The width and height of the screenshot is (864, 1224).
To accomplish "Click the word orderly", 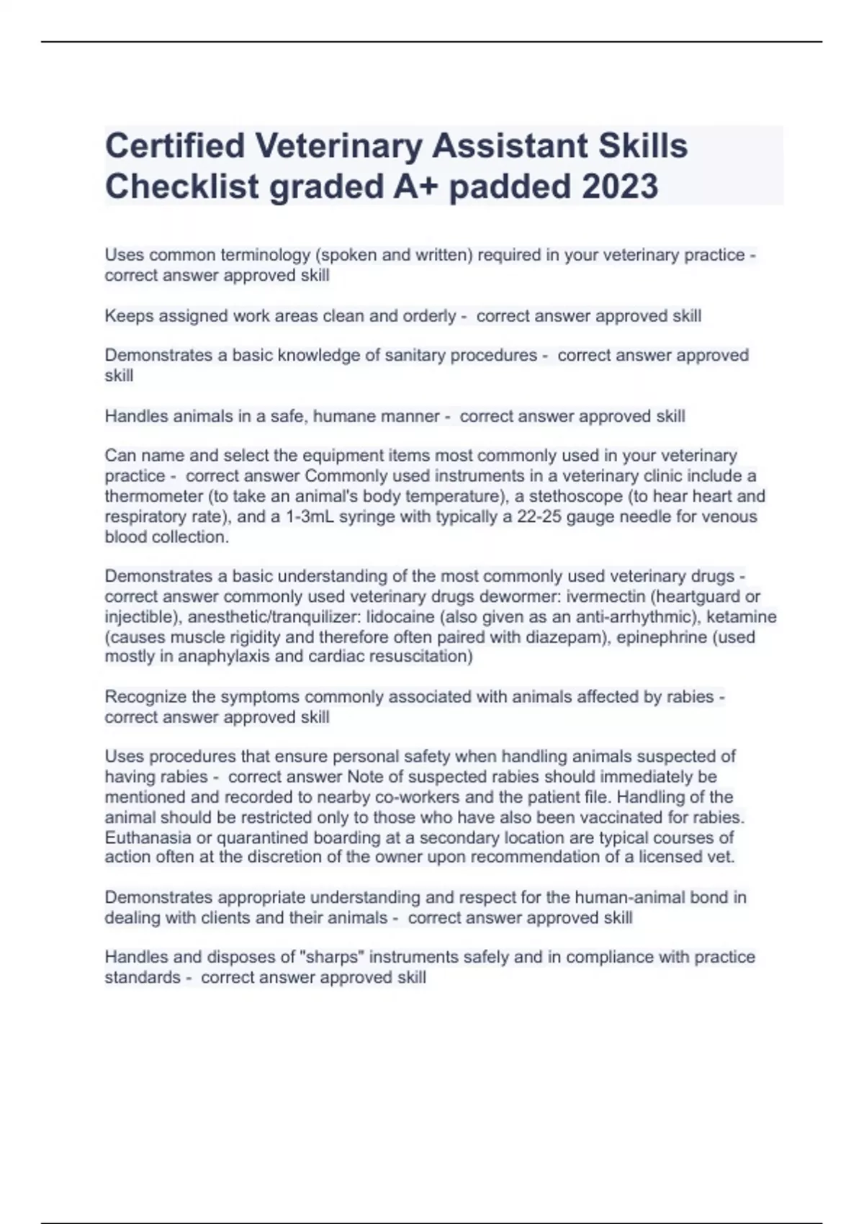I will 429,316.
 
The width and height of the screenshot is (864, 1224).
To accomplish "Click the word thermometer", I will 153,496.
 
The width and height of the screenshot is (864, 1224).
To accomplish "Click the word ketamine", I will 744,617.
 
